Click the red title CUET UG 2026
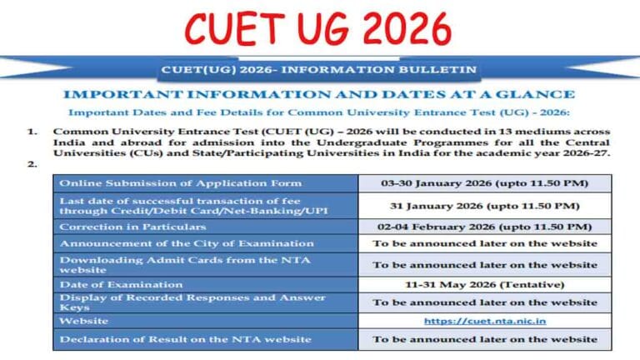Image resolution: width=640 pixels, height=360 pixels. pyautogui.click(x=317, y=30)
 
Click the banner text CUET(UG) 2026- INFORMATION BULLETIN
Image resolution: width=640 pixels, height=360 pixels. pyautogui.click(x=320, y=69)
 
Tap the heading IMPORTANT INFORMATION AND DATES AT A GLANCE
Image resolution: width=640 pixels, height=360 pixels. pyautogui.click(x=319, y=94)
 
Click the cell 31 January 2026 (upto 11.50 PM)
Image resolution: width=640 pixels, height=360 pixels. pyautogui.click(x=484, y=205)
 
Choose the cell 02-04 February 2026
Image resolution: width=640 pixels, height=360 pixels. pyautogui.click(x=484, y=227)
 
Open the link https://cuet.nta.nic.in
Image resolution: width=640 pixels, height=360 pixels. pyautogui.click(x=484, y=321)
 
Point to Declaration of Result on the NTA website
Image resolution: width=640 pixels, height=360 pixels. pyautogui.click(x=185, y=339)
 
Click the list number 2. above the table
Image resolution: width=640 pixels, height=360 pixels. pyautogui.click(x=32, y=164)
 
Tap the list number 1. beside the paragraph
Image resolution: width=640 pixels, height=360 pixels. pyautogui.click(x=32, y=132)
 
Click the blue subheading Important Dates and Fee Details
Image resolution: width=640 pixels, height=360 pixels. pyautogui.click(x=319, y=112)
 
